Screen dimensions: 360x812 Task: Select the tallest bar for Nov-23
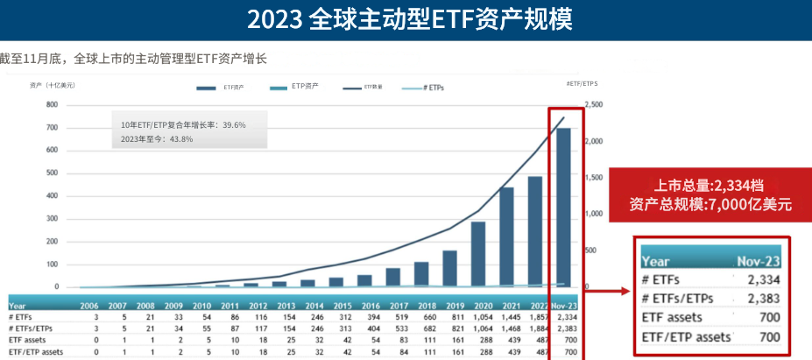(563, 207)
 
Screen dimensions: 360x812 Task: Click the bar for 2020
(478, 254)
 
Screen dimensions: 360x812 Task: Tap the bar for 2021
(506, 236)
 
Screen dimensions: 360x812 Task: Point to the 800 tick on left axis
(52, 105)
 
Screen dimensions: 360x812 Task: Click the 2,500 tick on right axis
(593, 105)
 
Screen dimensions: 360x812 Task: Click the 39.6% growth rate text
(183, 125)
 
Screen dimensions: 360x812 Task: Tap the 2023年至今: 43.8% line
(157, 139)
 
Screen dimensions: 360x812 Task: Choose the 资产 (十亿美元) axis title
(52, 85)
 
